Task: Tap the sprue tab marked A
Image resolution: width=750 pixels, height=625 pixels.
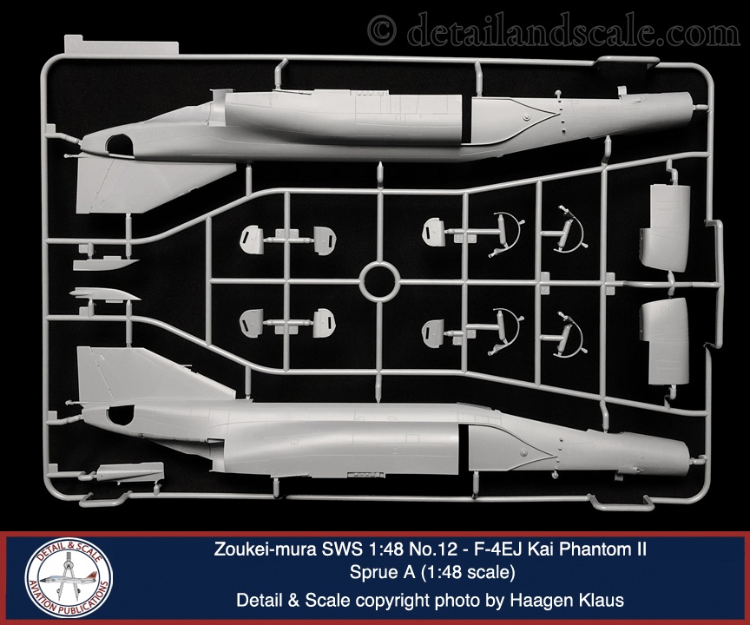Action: [x=121, y=44]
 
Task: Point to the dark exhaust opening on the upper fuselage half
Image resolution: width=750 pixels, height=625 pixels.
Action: [x=120, y=144]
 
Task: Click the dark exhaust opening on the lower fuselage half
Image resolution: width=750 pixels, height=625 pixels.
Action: [x=120, y=415]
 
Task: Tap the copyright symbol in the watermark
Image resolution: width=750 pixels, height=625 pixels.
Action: [x=382, y=30]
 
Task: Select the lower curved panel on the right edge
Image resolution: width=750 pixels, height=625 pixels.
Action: [x=665, y=340]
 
